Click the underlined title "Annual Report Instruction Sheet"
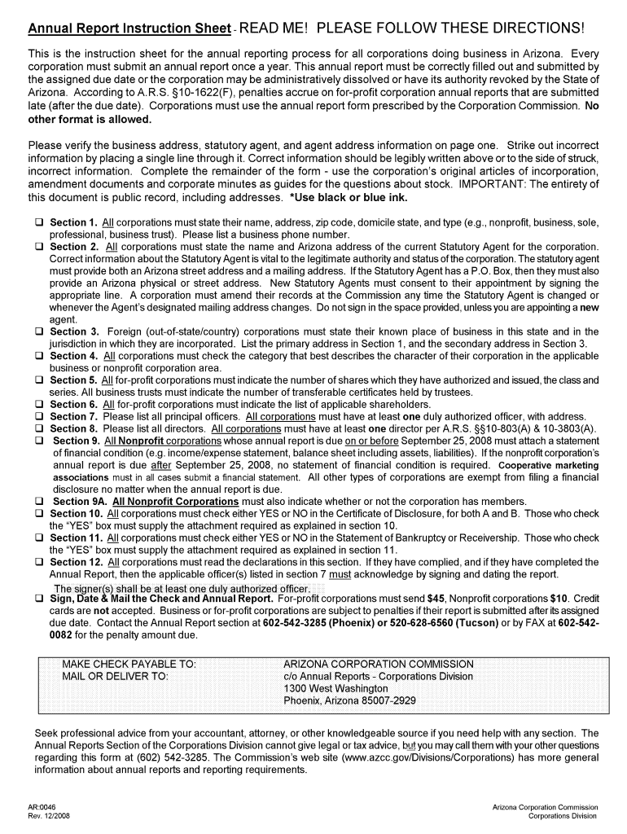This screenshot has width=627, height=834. click(x=129, y=29)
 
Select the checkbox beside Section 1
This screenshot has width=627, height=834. click(x=38, y=222)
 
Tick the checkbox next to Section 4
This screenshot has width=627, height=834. click(x=38, y=357)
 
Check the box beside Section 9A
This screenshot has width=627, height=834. click(x=38, y=502)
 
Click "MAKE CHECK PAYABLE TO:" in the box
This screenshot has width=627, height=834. click(x=129, y=664)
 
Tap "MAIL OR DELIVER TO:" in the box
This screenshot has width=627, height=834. click(x=115, y=676)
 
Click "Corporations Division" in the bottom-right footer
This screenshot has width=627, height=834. click(x=563, y=816)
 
